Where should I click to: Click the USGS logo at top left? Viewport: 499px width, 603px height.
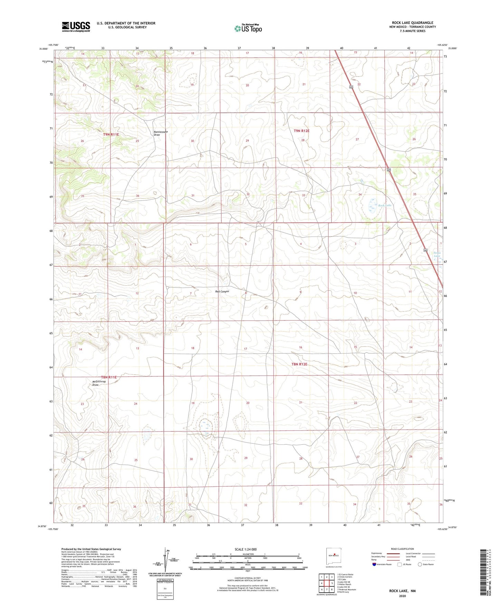point(76,27)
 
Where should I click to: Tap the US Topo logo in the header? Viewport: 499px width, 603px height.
point(248,28)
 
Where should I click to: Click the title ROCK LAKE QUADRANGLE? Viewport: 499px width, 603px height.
point(412,23)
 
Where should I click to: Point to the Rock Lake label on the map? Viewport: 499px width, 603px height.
point(385,205)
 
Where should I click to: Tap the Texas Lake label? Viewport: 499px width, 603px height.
point(437,254)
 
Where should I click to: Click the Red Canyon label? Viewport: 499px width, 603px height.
point(222,291)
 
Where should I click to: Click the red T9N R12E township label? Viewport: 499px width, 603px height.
point(301,131)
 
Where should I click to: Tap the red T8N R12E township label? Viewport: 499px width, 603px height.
point(299,364)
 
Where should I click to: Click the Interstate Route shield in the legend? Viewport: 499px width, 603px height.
point(374,564)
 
